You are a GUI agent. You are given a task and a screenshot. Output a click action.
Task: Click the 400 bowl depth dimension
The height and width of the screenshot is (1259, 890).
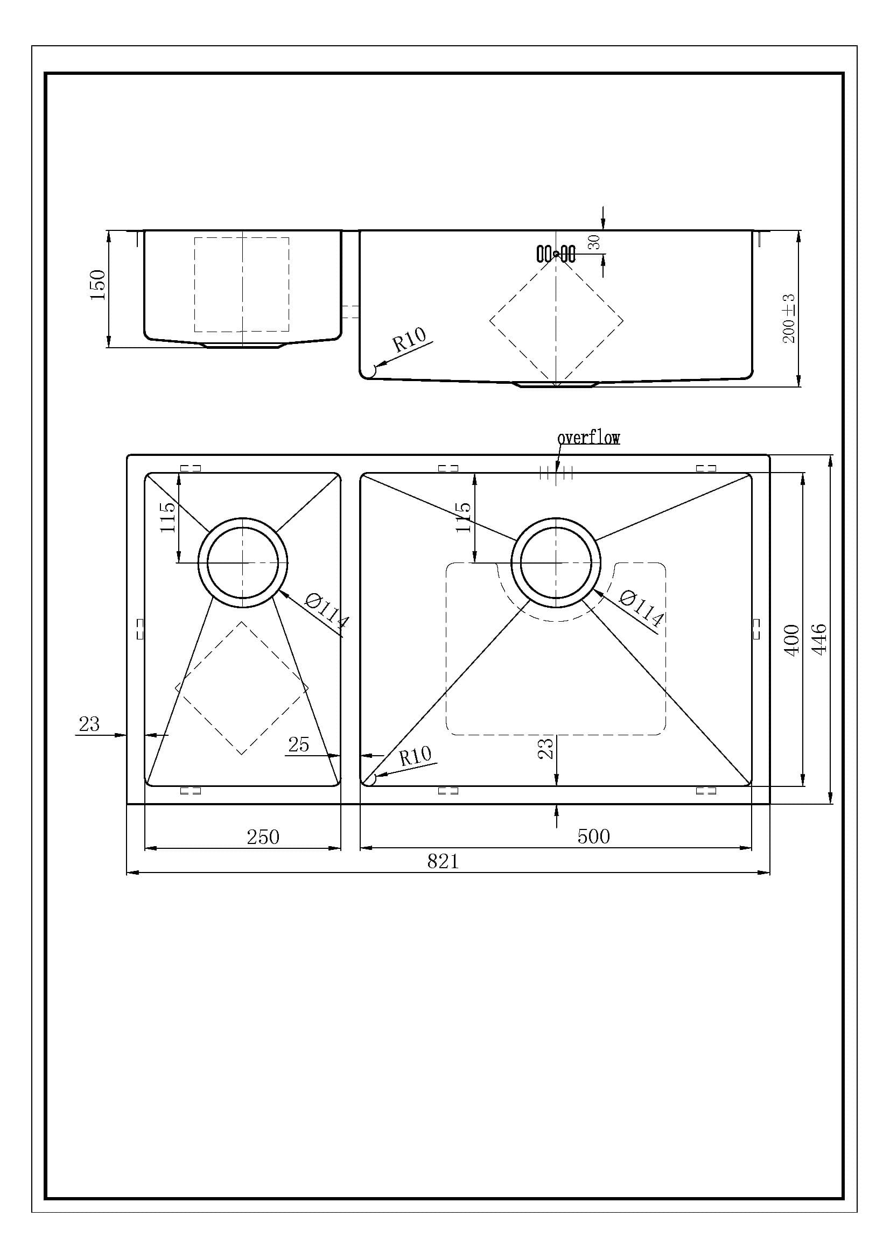[791, 639]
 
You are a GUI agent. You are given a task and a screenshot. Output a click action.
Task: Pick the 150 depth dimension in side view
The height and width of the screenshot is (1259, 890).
[97, 285]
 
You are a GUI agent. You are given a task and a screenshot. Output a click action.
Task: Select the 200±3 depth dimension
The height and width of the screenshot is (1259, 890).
[788, 319]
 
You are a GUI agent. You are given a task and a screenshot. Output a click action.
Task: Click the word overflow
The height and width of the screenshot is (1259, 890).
[588, 438]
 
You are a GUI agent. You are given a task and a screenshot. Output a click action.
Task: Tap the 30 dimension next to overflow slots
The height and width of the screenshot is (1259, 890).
[594, 242]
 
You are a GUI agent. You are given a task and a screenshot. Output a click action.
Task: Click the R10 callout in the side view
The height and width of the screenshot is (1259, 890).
[409, 340]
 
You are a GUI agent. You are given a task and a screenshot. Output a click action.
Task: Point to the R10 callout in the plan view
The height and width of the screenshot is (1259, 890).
[415, 757]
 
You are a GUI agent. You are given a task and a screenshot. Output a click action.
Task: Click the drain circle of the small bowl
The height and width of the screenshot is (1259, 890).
[242, 562]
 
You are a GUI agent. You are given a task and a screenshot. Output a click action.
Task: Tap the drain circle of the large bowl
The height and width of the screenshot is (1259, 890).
[556, 562]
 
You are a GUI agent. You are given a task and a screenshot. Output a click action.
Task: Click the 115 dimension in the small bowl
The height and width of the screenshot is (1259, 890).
[168, 517]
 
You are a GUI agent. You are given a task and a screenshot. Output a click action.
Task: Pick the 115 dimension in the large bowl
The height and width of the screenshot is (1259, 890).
[464, 517]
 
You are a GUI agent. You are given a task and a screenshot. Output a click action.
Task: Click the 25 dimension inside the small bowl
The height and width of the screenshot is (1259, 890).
[298, 744]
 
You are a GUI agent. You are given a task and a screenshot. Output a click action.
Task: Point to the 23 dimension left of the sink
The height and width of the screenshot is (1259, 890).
[89, 724]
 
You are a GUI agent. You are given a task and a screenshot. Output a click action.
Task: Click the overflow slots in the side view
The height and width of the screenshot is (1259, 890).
[556, 254]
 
